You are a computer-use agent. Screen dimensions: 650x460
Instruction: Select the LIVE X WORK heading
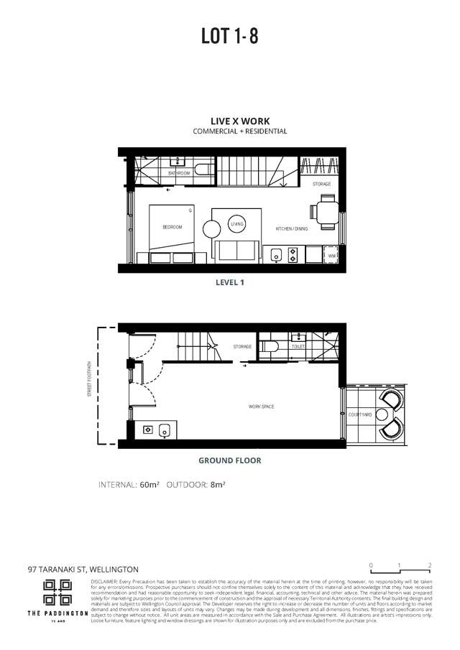click(x=229, y=122)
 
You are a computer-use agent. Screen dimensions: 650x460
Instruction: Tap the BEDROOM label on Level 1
click(x=172, y=227)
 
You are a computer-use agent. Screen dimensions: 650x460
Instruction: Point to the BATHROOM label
click(x=179, y=173)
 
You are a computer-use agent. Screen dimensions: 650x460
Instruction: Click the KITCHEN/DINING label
click(x=293, y=229)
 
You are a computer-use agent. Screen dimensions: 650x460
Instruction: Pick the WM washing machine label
click(x=331, y=255)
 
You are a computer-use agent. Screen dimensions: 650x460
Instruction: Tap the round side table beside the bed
click(x=212, y=229)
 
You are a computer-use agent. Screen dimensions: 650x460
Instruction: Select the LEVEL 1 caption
click(x=230, y=283)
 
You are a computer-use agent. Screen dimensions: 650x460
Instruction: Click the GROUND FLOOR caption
click(x=230, y=460)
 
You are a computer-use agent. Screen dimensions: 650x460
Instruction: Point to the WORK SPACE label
click(x=262, y=407)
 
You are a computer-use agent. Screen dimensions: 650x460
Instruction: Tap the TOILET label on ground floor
click(x=298, y=347)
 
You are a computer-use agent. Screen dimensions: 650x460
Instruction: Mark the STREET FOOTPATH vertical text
click(x=90, y=379)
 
